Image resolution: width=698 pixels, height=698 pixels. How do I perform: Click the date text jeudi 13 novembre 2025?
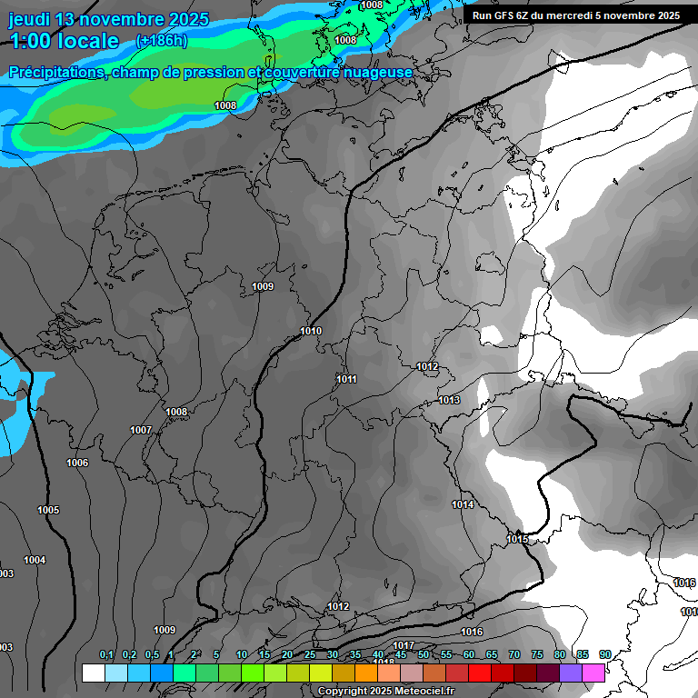coord(109,19)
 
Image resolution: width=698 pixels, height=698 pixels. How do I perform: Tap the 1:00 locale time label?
coord(65,41)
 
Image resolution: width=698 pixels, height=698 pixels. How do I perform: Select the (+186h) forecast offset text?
coord(162,41)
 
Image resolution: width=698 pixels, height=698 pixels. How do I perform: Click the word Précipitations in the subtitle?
coord(55,72)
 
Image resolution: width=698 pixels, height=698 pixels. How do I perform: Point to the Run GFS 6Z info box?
coord(576,15)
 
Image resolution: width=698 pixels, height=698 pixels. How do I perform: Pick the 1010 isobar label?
coord(311,331)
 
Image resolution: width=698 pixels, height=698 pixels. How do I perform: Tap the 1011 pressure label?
coord(346,379)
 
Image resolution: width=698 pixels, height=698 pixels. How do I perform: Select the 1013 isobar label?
coord(449,400)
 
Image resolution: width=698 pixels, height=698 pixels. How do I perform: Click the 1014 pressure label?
coord(463,504)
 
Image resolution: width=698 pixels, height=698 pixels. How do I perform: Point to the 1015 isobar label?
coord(517,540)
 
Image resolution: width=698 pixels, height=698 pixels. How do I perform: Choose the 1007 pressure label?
coord(141,430)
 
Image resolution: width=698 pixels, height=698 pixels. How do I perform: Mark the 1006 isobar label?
coord(77,464)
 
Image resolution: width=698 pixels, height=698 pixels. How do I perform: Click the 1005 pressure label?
coord(48,510)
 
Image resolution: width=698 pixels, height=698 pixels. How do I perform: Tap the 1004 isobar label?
coord(35,560)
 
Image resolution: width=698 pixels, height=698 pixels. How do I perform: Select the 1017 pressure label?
coord(404,645)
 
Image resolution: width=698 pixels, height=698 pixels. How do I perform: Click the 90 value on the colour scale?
coord(605,654)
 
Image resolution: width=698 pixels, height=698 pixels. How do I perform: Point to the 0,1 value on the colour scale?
coord(106,654)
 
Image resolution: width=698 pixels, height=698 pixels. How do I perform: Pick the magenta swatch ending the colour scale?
coord(593,673)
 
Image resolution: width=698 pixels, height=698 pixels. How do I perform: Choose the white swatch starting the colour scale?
coord(93,673)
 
